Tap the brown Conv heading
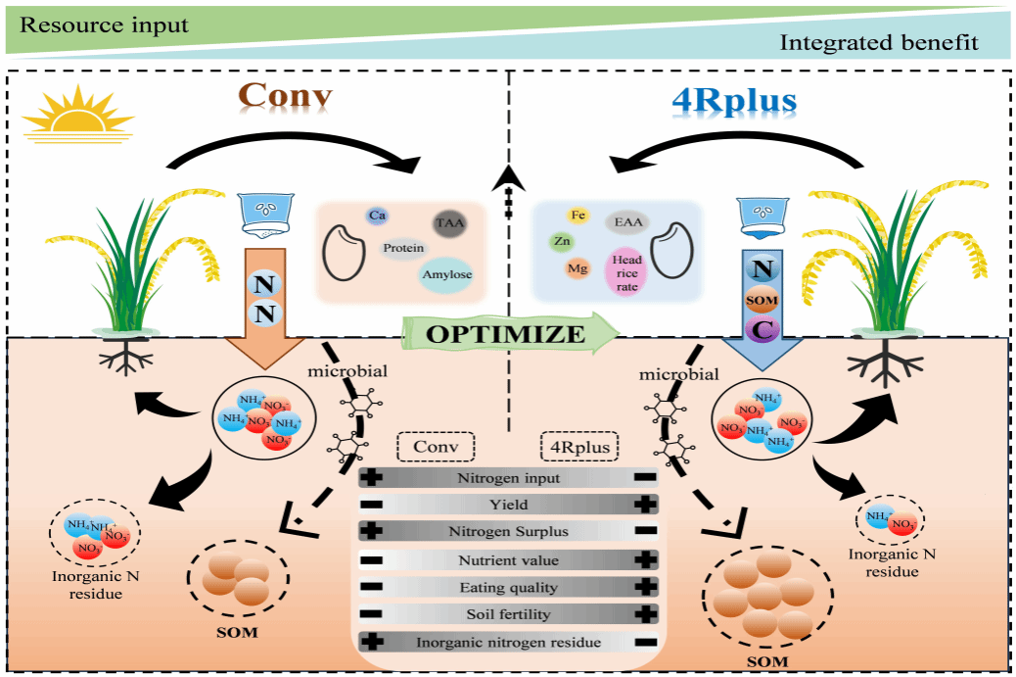[x=286, y=98]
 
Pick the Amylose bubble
[x=447, y=274]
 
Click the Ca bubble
[x=377, y=215]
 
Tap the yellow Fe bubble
[x=578, y=215]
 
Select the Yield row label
[x=507, y=505]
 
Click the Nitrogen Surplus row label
[x=508, y=532]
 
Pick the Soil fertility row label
[x=508, y=614]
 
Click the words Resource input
[x=104, y=24]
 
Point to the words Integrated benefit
[x=879, y=43]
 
